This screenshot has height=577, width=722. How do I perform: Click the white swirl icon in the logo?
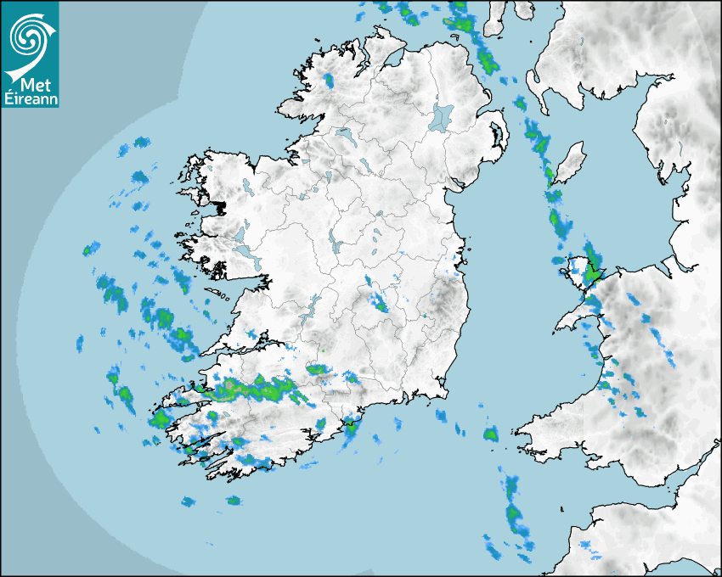point(30,36)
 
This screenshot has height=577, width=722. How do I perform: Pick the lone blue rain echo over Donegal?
point(329,81)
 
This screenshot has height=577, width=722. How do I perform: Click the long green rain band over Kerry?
point(255,389)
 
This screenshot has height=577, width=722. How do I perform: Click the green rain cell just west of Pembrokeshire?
point(490,434)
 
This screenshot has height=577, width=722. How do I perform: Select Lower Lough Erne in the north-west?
point(343,134)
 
